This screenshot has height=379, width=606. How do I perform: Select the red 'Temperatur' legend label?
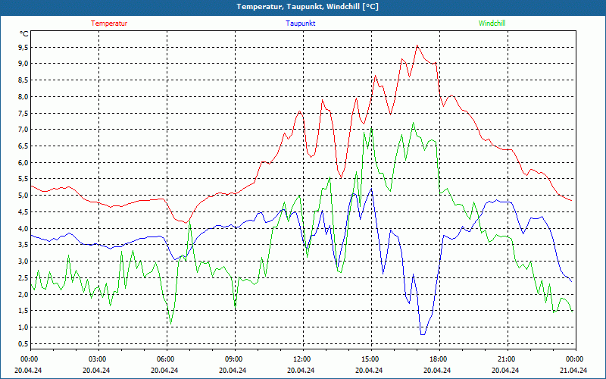[x=109, y=23]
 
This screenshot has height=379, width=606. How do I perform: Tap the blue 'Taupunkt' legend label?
[x=301, y=23]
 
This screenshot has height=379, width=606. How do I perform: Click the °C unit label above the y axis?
[x=24, y=34]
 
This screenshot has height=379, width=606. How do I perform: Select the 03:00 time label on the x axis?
[x=98, y=359]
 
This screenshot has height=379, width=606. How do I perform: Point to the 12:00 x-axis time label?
[x=302, y=359]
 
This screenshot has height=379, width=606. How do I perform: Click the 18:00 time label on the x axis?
[x=439, y=359]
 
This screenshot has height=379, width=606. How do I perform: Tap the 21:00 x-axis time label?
[x=507, y=359]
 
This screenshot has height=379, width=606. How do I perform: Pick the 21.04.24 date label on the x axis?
[x=574, y=371]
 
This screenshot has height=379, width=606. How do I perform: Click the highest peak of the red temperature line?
[x=417, y=45]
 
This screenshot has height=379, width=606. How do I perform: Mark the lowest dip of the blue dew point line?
[x=423, y=334]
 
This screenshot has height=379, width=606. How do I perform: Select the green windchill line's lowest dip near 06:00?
[x=170, y=324]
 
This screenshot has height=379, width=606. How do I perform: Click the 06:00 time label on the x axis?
[x=167, y=359]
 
